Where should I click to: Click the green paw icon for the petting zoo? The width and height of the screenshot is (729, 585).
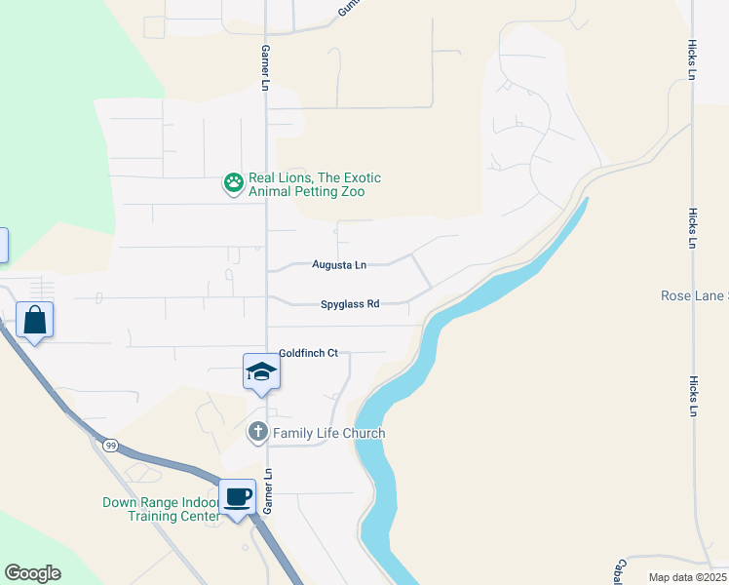(234, 182)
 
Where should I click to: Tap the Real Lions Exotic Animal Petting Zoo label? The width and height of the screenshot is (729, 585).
(314, 185)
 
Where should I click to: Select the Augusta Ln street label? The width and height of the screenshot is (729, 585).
(339, 264)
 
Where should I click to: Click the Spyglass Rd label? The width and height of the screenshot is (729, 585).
(350, 304)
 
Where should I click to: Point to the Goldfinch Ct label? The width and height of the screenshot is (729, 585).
(308, 353)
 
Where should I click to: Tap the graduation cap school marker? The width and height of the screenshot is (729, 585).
(261, 371)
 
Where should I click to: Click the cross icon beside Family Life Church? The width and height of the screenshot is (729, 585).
(258, 431)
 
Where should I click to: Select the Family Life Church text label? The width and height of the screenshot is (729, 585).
(328, 433)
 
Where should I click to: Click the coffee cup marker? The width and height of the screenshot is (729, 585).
(238, 497)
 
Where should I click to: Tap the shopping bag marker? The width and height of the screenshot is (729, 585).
(35, 320)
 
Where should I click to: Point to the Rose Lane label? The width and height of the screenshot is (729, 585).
(694, 295)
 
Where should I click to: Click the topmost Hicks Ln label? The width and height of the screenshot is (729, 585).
(691, 59)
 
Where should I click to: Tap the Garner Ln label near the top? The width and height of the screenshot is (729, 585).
(264, 68)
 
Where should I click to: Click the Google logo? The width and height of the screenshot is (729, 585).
(32, 573)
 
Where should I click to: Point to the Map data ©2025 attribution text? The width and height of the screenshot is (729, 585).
(687, 577)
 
